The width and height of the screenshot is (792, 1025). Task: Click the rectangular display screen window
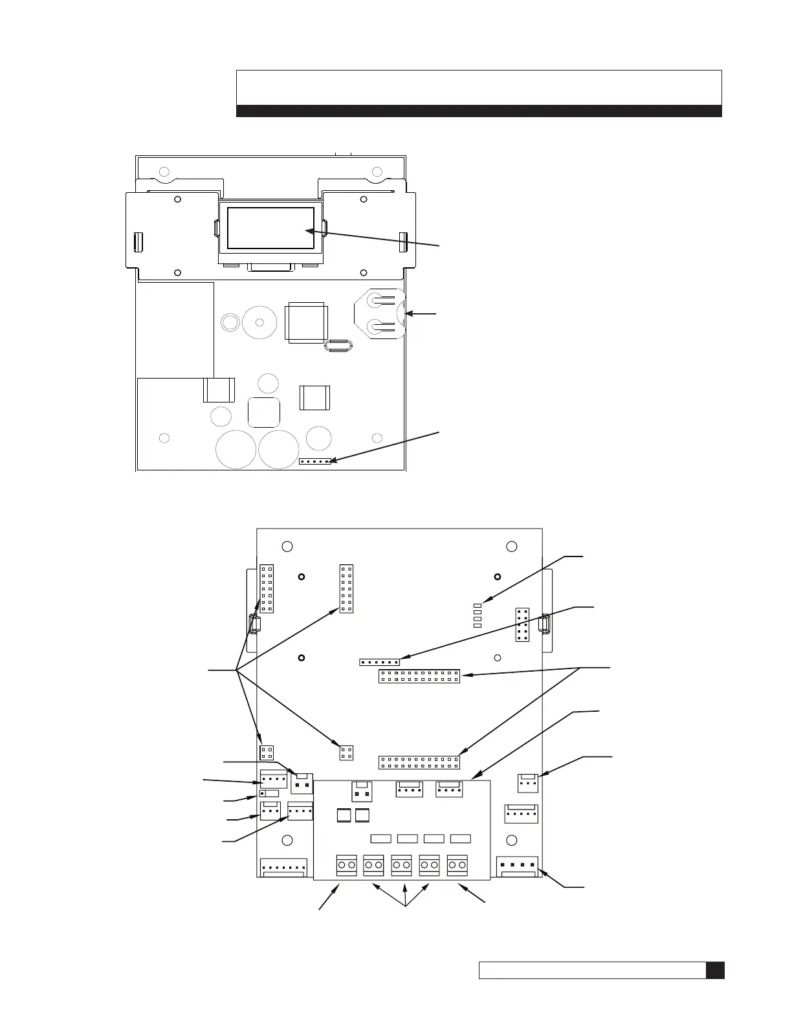pos(270,228)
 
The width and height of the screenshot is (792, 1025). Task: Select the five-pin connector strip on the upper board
pos(315,461)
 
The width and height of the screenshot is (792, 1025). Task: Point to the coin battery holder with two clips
pos(379,315)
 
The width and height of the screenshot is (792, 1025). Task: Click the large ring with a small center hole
pos(259,322)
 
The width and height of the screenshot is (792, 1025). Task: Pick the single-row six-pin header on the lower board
pos(379,662)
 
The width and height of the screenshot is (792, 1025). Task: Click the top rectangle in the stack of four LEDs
pos(478,605)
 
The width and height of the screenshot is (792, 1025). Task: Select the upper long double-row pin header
pos(419,677)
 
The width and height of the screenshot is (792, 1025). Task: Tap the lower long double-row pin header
pos(419,762)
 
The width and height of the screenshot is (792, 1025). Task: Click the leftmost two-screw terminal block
pos(347,865)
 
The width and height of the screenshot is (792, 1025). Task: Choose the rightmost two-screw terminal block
pos(457,865)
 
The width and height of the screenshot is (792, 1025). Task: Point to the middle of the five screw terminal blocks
pos(402,865)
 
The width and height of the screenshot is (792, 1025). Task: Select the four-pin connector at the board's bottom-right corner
pos(518,866)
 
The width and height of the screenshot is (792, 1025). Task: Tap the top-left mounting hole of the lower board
pos(288,547)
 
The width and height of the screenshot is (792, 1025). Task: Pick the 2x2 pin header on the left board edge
pos(266,753)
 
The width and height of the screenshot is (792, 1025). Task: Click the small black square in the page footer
pos(715,971)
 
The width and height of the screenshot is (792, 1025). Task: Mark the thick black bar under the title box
pos(479,111)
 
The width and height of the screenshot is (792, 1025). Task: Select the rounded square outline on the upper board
pos(263,412)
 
